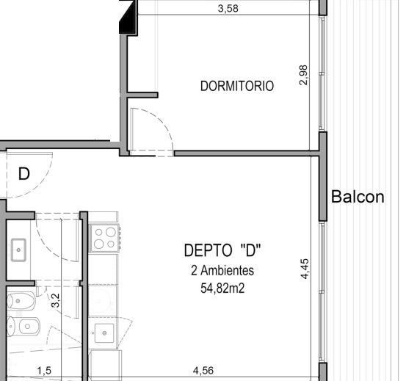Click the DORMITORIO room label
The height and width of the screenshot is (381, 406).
point(237,86)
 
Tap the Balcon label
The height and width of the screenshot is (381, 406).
point(358,197)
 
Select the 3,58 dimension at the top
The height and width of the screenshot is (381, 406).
point(228,9)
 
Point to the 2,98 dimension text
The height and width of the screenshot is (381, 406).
point(303,75)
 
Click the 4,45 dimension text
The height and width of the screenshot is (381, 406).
point(305,269)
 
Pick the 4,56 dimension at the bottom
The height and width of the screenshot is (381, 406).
point(203,371)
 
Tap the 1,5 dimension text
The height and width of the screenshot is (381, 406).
point(44,371)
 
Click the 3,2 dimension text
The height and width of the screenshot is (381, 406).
point(55,300)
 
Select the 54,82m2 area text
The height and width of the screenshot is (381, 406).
point(222,288)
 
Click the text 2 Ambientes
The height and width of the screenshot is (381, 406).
point(222,270)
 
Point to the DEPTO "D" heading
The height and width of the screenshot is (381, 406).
point(222,250)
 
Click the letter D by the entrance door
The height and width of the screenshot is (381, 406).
point(24,174)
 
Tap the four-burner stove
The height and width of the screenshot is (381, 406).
point(104,238)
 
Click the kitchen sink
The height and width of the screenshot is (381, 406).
point(104,333)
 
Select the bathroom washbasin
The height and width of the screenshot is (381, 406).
point(18,250)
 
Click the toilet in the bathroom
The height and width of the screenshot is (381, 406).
point(21,301)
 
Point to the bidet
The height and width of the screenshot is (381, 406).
point(23,326)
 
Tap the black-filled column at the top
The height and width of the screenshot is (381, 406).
point(128,17)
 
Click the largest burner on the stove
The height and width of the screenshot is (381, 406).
point(111,232)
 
